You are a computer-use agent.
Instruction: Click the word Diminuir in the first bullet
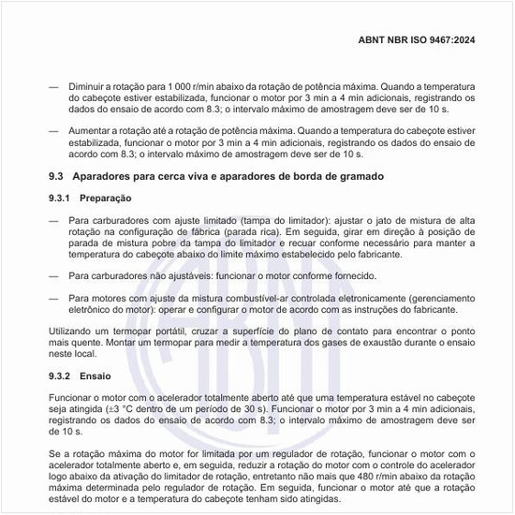click(90, 85)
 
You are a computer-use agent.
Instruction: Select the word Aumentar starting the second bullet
click(92, 131)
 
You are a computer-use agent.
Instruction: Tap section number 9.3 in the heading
click(55, 177)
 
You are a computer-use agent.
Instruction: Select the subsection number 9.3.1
click(60, 199)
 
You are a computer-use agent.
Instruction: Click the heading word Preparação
click(106, 199)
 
